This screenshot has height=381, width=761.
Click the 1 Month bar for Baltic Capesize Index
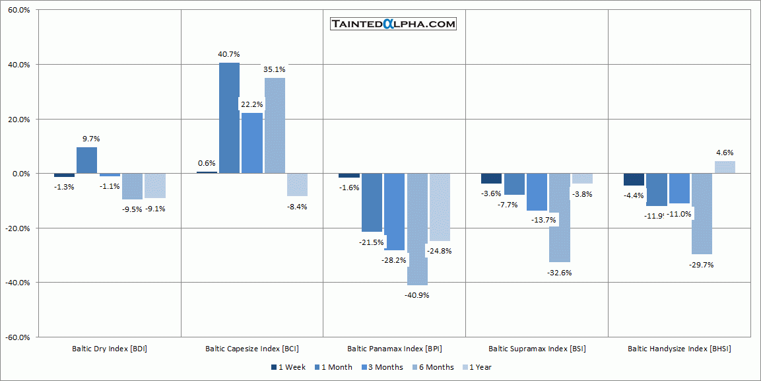pyautogui.click(x=229, y=118)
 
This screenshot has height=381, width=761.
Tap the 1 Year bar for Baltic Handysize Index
pyautogui.click(x=724, y=167)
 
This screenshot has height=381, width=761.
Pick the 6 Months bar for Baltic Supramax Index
pyautogui.click(x=559, y=218)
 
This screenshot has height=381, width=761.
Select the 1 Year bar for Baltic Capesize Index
pyautogui.click(x=296, y=185)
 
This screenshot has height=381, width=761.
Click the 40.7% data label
pyautogui.click(x=229, y=54)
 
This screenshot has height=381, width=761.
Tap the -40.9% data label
pyautogui.click(x=417, y=295)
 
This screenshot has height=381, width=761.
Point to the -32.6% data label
pyautogui.click(x=559, y=273)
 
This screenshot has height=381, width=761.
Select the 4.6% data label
pyautogui.click(x=724, y=153)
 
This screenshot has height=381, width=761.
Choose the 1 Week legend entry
pyautogui.click(x=288, y=367)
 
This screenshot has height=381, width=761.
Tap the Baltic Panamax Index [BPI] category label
pyautogui.click(x=395, y=349)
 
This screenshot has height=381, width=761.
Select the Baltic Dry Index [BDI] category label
pyautogui.click(x=110, y=349)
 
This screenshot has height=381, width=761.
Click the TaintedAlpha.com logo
pyautogui.click(x=393, y=24)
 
